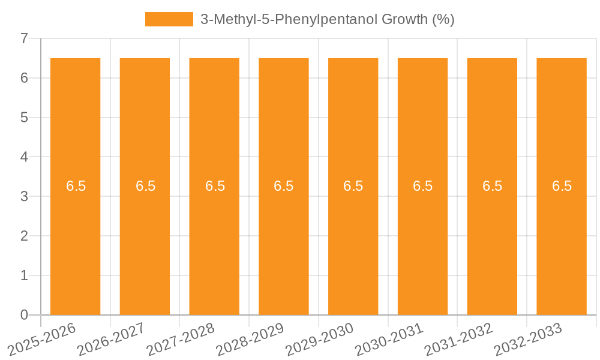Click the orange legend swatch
click(169, 19)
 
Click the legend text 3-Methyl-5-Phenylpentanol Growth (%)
click(327, 19)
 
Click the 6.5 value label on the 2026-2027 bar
click(145, 186)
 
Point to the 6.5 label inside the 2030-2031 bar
click(423, 186)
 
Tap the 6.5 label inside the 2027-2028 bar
click(215, 186)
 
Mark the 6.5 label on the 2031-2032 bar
click(493, 186)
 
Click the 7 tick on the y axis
click(24, 38)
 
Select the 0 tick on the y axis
click(24, 315)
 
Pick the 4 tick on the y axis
click(24, 157)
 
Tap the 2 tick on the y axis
click(24, 236)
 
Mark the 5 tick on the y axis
click(24, 118)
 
